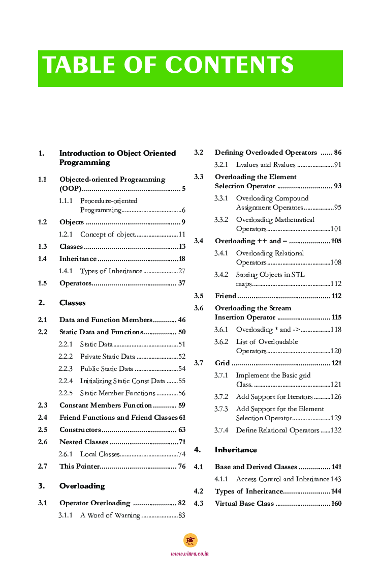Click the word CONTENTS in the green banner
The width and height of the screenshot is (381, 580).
(229, 66)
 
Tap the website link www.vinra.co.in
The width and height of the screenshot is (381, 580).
(190, 554)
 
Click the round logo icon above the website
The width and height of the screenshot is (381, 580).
(190, 540)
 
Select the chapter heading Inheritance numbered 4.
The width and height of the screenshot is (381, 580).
(236, 450)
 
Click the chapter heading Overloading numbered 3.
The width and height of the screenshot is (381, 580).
(82, 486)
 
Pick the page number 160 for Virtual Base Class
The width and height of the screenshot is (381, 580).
(336, 504)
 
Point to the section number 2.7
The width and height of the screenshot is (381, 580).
(43, 467)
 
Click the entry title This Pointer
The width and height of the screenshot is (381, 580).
(79, 467)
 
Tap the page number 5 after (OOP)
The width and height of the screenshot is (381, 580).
(183, 189)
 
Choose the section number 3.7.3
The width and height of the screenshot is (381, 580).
(221, 409)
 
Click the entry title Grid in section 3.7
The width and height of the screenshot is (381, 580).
(222, 363)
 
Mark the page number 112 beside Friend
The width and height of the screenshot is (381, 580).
(336, 296)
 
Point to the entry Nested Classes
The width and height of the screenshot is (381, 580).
(84, 442)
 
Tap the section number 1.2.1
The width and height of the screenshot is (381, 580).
(66, 235)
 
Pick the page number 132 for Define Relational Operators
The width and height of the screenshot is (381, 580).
(336, 430)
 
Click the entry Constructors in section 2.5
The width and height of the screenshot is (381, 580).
(80, 430)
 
